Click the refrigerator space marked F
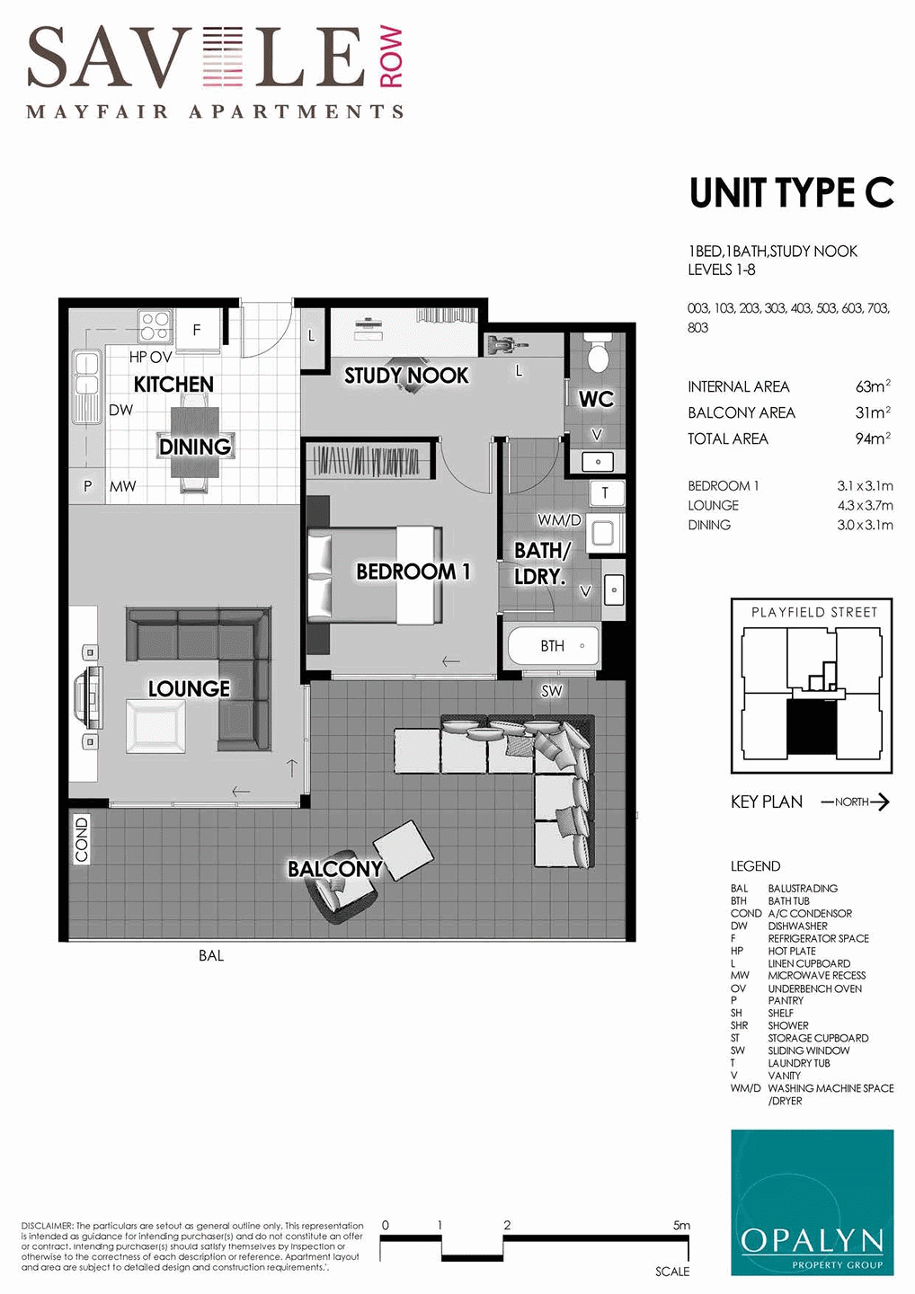(197, 330)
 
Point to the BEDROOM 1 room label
(413, 572)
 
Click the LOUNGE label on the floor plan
(189, 688)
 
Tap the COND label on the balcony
(82, 839)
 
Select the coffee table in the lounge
(156, 726)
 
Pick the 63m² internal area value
(873, 386)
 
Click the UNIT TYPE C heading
(791, 193)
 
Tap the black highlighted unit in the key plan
(813, 727)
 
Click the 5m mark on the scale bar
(681, 1225)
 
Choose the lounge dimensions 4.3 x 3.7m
(865, 505)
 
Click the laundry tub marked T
(606, 492)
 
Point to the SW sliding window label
(551, 691)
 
